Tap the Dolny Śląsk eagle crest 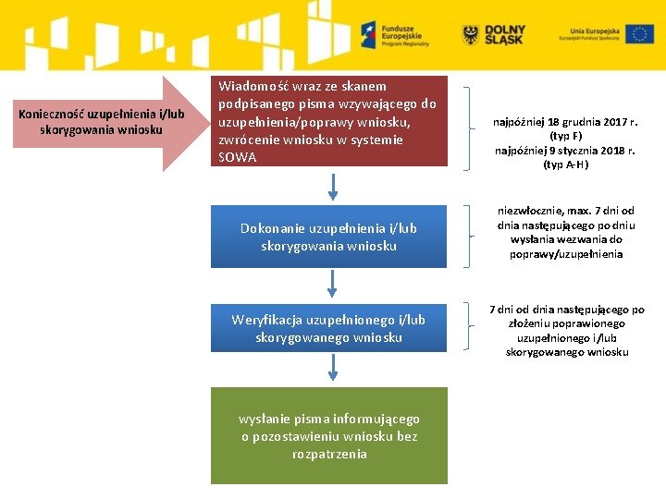click(472, 35)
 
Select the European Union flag click(639, 35)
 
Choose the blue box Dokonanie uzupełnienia click(328, 237)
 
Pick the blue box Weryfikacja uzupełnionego click(328, 328)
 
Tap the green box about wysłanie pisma click(328, 435)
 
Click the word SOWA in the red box click(237, 157)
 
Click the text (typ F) click(565, 136)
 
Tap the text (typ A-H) click(565, 164)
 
